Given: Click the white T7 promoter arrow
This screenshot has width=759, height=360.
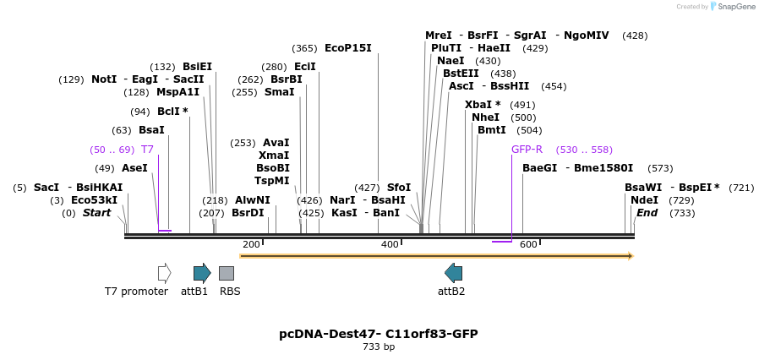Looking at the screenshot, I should click(x=164, y=273).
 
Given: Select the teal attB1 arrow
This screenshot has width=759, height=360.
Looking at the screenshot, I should click(x=202, y=273).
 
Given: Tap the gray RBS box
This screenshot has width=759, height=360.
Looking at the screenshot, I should click(x=227, y=273).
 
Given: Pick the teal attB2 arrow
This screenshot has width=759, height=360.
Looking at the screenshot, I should click(x=454, y=273).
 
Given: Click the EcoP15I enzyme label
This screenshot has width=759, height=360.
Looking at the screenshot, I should click(x=347, y=48).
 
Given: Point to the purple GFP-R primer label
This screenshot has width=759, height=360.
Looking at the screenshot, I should click(x=527, y=150).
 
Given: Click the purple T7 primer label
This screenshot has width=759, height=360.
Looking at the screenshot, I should click(x=147, y=150).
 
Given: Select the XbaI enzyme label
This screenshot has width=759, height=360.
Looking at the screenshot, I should click(x=478, y=105).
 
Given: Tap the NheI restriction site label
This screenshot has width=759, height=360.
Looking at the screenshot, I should click(x=485, y=117).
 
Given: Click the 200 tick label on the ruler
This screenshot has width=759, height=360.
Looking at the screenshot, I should click(x=251, y=244).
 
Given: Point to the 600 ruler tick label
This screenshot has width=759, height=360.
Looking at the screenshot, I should click(x=528, y=244).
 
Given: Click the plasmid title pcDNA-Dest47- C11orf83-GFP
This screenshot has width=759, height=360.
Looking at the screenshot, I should click(x=379, y=334).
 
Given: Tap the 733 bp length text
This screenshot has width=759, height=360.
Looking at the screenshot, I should click(x=379, y=346).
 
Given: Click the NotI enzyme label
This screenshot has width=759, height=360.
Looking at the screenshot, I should click(x=104, y=79).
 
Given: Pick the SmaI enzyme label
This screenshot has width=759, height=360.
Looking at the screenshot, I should click(x=279, y=92).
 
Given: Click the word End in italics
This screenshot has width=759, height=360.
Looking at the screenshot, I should click(x=647, y=213).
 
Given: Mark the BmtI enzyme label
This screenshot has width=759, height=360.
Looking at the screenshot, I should click(x=491, y=130).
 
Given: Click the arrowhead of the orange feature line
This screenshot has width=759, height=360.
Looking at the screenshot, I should click(x=631, y=255).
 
